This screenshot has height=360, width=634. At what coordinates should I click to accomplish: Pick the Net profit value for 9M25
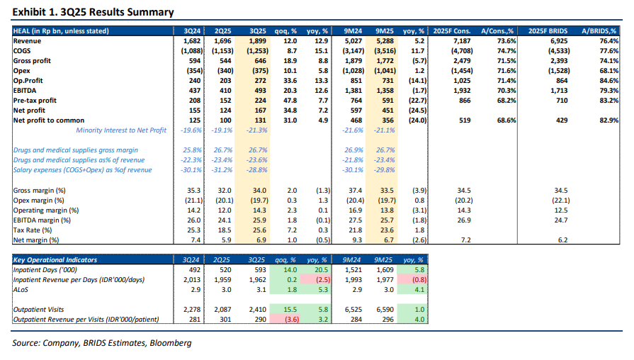[x=385, y=111]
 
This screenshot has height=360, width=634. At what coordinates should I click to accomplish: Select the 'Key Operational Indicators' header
[x=56, y=260]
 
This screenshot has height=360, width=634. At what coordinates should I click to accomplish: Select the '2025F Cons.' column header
[x=457, y=32]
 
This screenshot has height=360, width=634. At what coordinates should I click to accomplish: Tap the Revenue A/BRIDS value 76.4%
[x=611, y=42]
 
